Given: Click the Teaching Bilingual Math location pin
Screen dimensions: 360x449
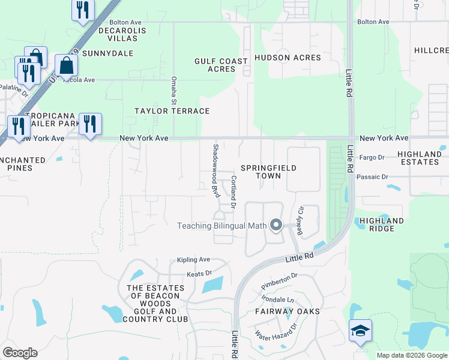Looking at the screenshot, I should (276, 226).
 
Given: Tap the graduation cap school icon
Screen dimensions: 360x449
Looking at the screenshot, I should (360, 331).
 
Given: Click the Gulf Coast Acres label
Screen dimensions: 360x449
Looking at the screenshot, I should (221, 65).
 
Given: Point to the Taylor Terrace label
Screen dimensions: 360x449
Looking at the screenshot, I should (172, 111).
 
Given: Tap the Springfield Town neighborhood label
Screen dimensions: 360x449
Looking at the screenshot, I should (268, 172).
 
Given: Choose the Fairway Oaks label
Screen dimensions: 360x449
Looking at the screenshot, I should (287, 311).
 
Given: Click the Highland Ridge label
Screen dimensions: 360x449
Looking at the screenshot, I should (382, 224).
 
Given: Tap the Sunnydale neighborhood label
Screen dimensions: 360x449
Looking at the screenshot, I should (107, 53).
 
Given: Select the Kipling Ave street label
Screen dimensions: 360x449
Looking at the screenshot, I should (193, 260).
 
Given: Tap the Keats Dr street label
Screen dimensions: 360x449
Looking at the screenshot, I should (199, 274).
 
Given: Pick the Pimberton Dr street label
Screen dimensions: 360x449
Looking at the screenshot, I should (280, 279).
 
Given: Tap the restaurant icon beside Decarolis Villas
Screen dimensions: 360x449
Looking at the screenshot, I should (83, 10).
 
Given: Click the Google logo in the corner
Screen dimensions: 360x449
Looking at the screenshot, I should (20, 353).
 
